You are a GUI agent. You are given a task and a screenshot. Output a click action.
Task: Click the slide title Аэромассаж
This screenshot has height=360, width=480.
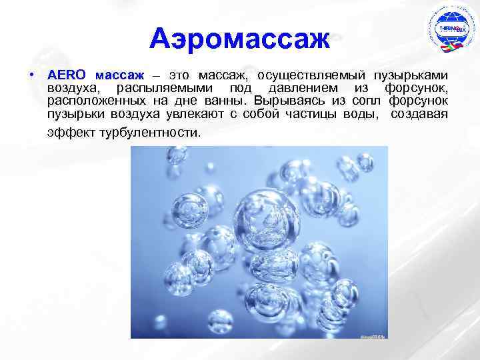240,38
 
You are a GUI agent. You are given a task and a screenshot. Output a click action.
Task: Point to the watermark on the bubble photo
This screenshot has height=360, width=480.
372,337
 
